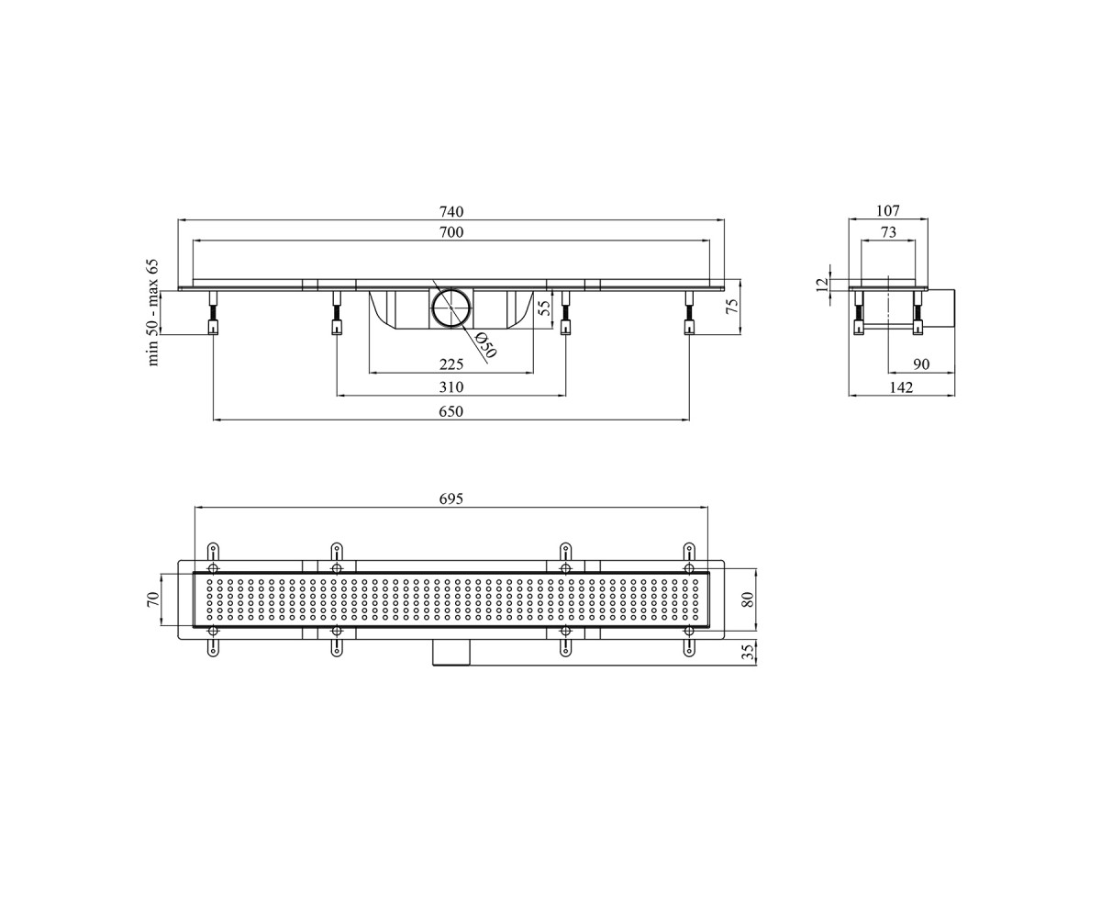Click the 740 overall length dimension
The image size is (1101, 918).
tap(451, 211)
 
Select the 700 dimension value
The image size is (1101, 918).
tap(451, 232)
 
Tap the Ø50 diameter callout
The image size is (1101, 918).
tap(485, 344)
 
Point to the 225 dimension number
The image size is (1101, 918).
tap(451, 364)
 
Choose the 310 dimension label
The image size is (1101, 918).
tap(451, 387)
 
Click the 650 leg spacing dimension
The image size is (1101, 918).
tap(451, 411)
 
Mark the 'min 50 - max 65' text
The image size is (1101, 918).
tap(153, 312)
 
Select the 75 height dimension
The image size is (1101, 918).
tap(732, 307)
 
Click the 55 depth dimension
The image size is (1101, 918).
tap(545, 308)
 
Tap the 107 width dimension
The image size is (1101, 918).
tap(888, 211)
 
